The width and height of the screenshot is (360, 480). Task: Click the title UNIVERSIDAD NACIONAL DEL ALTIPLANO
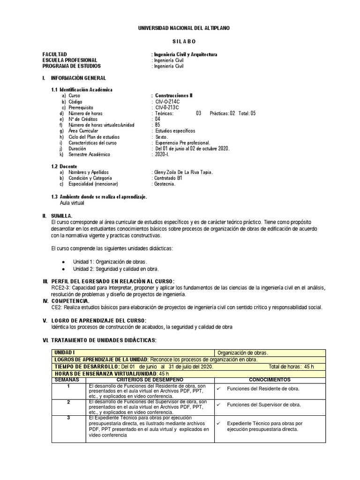point(184,29)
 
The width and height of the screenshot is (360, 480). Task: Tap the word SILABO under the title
point(183,42)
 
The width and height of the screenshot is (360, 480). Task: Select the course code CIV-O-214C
point(167,101)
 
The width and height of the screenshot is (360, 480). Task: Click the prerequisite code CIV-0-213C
point(167,107)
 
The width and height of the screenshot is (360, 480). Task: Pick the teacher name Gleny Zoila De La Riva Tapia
point(183,172)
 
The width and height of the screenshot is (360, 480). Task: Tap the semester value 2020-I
point(162,155)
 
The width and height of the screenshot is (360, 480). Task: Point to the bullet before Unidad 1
point(63,262)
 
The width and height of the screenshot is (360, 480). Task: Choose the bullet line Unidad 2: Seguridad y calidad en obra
point(116,269)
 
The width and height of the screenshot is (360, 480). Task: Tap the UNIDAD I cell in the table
point(64,352)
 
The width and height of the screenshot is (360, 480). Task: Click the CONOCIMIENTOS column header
point(270,379)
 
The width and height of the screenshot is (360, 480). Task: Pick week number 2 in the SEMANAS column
point(68,402)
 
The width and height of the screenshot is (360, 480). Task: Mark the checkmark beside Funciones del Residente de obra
point(219,389)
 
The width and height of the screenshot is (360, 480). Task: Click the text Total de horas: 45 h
point(291,366)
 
